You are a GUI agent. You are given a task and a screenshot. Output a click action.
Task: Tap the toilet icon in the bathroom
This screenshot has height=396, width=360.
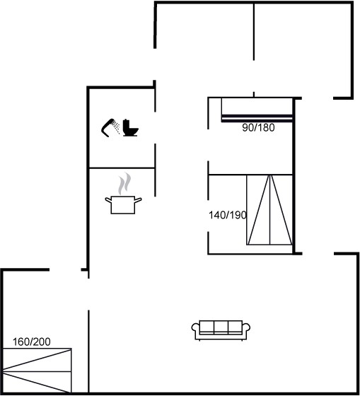click(131, 128)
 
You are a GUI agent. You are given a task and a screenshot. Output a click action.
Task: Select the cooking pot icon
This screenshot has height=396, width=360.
click(123, 205)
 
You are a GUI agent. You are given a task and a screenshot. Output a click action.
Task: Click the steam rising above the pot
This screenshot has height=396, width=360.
click(124, 184)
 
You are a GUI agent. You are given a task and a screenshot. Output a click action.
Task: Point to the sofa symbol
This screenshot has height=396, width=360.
click(221, 330)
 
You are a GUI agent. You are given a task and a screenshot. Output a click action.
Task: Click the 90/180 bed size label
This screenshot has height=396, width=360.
click(258, 127)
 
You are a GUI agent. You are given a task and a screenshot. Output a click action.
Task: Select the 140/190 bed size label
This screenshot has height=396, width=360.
click(227, 215)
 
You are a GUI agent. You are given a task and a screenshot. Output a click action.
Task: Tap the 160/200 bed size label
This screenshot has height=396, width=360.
click(32, 342)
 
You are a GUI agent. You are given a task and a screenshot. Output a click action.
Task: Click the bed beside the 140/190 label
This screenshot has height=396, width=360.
click(269, 209)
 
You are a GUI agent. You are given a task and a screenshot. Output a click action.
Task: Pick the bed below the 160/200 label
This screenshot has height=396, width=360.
click(37, 371)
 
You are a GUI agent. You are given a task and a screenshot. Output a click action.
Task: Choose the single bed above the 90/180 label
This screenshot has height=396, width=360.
click(257, 110)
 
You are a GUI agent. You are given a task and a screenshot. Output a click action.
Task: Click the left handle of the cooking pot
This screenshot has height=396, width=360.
click(108, 200)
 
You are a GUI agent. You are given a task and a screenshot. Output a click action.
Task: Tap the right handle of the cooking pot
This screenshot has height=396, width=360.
click(138, 200)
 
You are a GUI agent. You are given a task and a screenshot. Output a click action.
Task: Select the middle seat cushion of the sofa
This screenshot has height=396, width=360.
click(221, 327)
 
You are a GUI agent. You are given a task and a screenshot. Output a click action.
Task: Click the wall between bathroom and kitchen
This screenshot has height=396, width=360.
click(122, 168)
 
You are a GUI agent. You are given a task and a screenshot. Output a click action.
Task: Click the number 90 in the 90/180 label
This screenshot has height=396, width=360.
click(248, 127)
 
